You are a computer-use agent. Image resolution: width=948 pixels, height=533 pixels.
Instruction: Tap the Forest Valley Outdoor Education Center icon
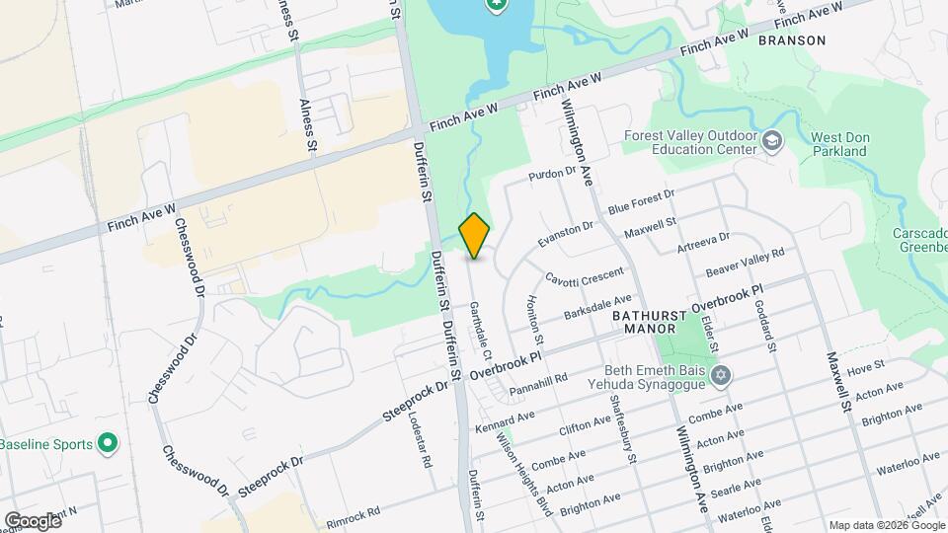pyautogui.click(x=771, y=144)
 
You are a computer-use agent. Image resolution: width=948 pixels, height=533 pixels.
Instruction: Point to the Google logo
pyautogui.click(x=32, y=520)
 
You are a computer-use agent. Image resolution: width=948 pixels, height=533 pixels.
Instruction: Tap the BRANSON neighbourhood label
pyautogui.click(x=791, y=40)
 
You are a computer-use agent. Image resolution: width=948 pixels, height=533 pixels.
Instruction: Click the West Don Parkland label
pyautogui.click(x=838, y=144)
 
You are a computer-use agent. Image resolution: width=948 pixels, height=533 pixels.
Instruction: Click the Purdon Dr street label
pyautogui.click(x=552, y=173)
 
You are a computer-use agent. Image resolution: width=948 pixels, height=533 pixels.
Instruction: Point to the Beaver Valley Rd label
pyautogui.click(x=745, y=263)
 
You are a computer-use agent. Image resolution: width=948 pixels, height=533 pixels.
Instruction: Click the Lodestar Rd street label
pyautogui.click(x=421, y=438)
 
